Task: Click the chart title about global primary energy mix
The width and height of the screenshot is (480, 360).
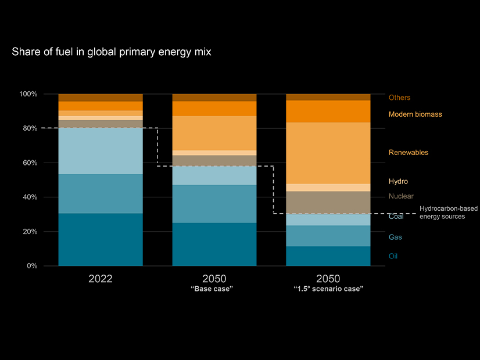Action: [111, 52]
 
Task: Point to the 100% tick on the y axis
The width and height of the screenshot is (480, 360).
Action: [45, 94]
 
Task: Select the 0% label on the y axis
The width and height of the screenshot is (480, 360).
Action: [48, 266]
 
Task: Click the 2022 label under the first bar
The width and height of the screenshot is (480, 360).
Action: [101, 279]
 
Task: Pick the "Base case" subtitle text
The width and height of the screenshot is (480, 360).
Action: [212, 289]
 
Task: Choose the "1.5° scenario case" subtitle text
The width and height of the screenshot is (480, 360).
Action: [328, 289]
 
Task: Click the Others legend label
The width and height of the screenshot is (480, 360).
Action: [399, 98]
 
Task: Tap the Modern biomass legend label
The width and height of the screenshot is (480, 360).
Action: [415, 115]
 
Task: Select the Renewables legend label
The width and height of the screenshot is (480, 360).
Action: [408, 153]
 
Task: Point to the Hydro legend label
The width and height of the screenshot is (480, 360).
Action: [398, 182]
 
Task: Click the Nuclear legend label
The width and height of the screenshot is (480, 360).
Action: [401, 196]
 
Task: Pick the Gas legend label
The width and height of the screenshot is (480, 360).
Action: [395, 237]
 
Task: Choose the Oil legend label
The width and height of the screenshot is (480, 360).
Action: [393, 256]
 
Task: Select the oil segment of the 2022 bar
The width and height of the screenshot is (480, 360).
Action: [101, 239]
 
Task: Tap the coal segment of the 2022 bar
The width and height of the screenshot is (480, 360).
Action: [101, 150]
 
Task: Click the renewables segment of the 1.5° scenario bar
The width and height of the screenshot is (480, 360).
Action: [328, 153]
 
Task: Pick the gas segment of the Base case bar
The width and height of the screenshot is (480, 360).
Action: [214, 203]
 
